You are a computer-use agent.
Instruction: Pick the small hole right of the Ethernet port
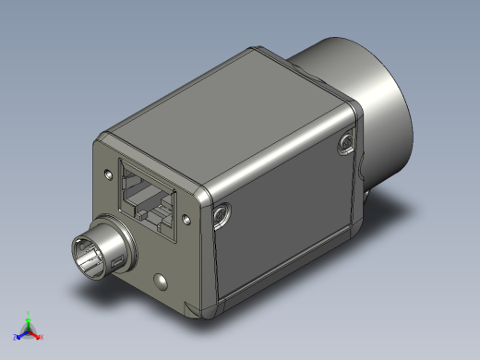tap(186, 221)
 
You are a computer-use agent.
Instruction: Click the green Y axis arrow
tap(30, 318)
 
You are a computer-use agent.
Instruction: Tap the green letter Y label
tap(30, 311)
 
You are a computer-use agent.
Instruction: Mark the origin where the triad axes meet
tap(30, 330)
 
